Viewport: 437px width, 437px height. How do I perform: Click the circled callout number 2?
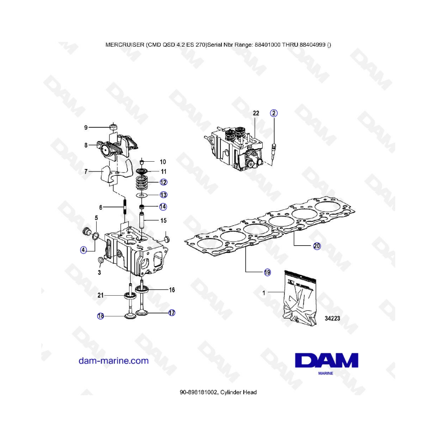(274, 113)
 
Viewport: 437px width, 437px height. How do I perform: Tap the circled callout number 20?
(317, 246)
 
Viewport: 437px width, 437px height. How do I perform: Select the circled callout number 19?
(267, 272)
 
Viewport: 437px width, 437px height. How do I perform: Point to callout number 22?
(256, 113)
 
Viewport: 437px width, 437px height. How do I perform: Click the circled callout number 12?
(163, 182)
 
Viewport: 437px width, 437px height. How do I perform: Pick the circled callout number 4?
(84, 250)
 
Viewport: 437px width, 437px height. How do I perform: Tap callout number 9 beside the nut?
(86, 128)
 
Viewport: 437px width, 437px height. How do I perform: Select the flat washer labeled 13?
(142, 195)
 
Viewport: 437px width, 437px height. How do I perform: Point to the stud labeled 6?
(125, 206)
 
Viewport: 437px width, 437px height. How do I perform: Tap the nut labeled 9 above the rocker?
(113, 127)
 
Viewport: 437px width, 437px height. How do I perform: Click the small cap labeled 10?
(142, 162)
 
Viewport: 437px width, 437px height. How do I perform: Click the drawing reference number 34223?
(332, 318)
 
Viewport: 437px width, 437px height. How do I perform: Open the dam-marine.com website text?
(114, 361)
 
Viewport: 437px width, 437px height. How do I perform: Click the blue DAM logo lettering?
(327, 360)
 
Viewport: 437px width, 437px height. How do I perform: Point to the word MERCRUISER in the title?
(125, 45)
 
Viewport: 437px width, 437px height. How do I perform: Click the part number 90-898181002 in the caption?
(198, 392)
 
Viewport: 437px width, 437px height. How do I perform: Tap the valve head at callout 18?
(130, 316)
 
